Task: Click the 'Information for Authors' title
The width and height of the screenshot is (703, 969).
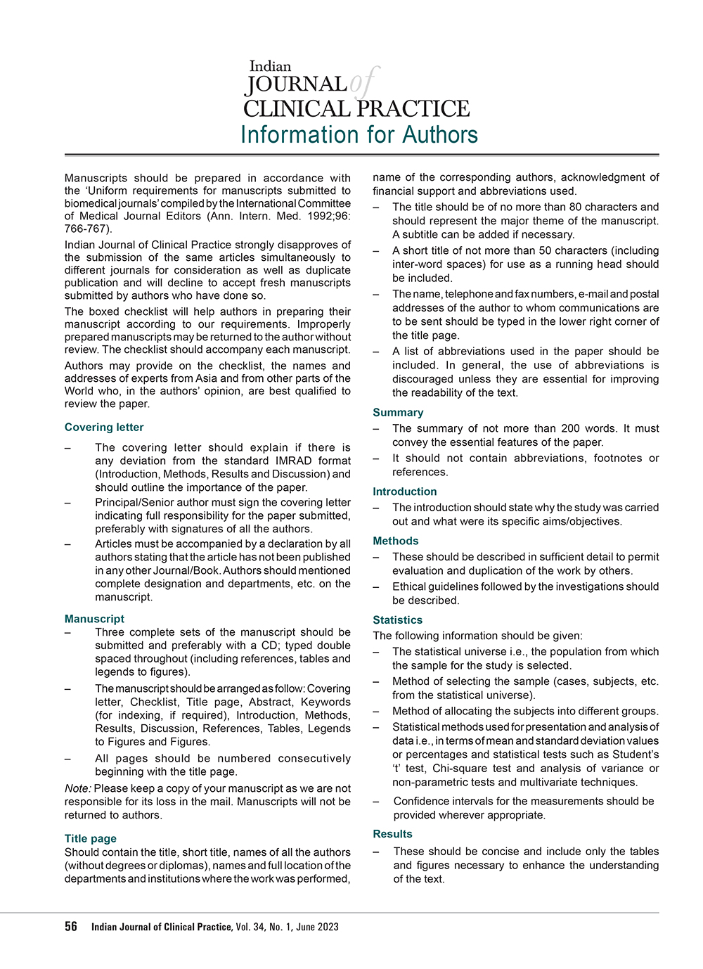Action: tap(359, 134)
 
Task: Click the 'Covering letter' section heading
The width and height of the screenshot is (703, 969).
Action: tap(104, 428)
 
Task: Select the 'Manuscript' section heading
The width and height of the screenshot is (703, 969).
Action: tap(94, 619)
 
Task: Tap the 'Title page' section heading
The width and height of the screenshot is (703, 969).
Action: tap(91, 838)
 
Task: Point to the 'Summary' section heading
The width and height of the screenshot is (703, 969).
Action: tap(398, 413)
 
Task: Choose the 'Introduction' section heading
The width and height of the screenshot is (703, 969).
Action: tap(405, 492)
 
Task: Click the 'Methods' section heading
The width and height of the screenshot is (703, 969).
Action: tap(396, 541)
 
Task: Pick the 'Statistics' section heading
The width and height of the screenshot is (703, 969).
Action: tap(398, 620)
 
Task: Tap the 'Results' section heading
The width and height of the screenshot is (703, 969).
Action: tap(393, 834)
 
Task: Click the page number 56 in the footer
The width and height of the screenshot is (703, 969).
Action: tap(71, 927)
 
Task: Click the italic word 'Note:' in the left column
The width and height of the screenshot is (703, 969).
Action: tap(78, 789)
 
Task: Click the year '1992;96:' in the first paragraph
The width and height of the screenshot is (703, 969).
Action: tap(328, 216)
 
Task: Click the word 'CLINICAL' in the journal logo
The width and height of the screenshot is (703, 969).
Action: tap(296, 109)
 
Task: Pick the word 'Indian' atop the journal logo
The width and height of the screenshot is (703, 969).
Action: tap(270, 67)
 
